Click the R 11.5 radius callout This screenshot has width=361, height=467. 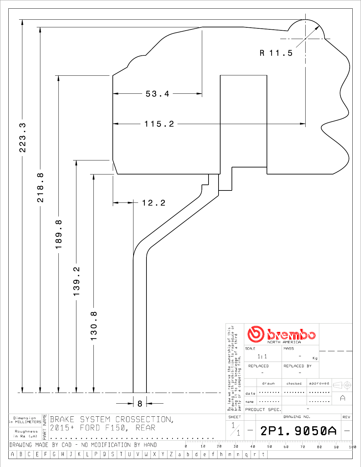[x=276, y=53]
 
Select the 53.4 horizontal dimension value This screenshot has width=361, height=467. [x=157, y=94]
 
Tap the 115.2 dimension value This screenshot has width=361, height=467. [x=159, y=124]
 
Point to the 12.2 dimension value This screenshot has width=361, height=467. [x=153, y=203]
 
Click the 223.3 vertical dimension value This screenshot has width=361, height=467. [x=22, y=137]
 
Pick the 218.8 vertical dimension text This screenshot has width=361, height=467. [x=40, y=187]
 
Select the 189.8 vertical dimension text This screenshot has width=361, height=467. [x=58, y=234]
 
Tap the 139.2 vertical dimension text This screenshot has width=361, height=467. [x=76, y=281]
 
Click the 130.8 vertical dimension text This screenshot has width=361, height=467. [x=94, y=326]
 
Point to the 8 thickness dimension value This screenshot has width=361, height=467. [x=140, y=404]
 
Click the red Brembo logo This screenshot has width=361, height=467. [x=281, y=334]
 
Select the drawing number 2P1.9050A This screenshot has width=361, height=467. [x=298, y=431]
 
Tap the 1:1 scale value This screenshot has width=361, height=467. [x=262, y=357]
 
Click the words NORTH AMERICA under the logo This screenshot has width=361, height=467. [x=284, y=342]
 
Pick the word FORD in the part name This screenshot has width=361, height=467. [x=90, y=428]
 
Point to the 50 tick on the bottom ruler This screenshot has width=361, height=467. [x=270, y=447]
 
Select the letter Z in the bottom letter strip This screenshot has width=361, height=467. [x=171, y=454]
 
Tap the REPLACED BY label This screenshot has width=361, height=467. [x=297, y=366]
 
